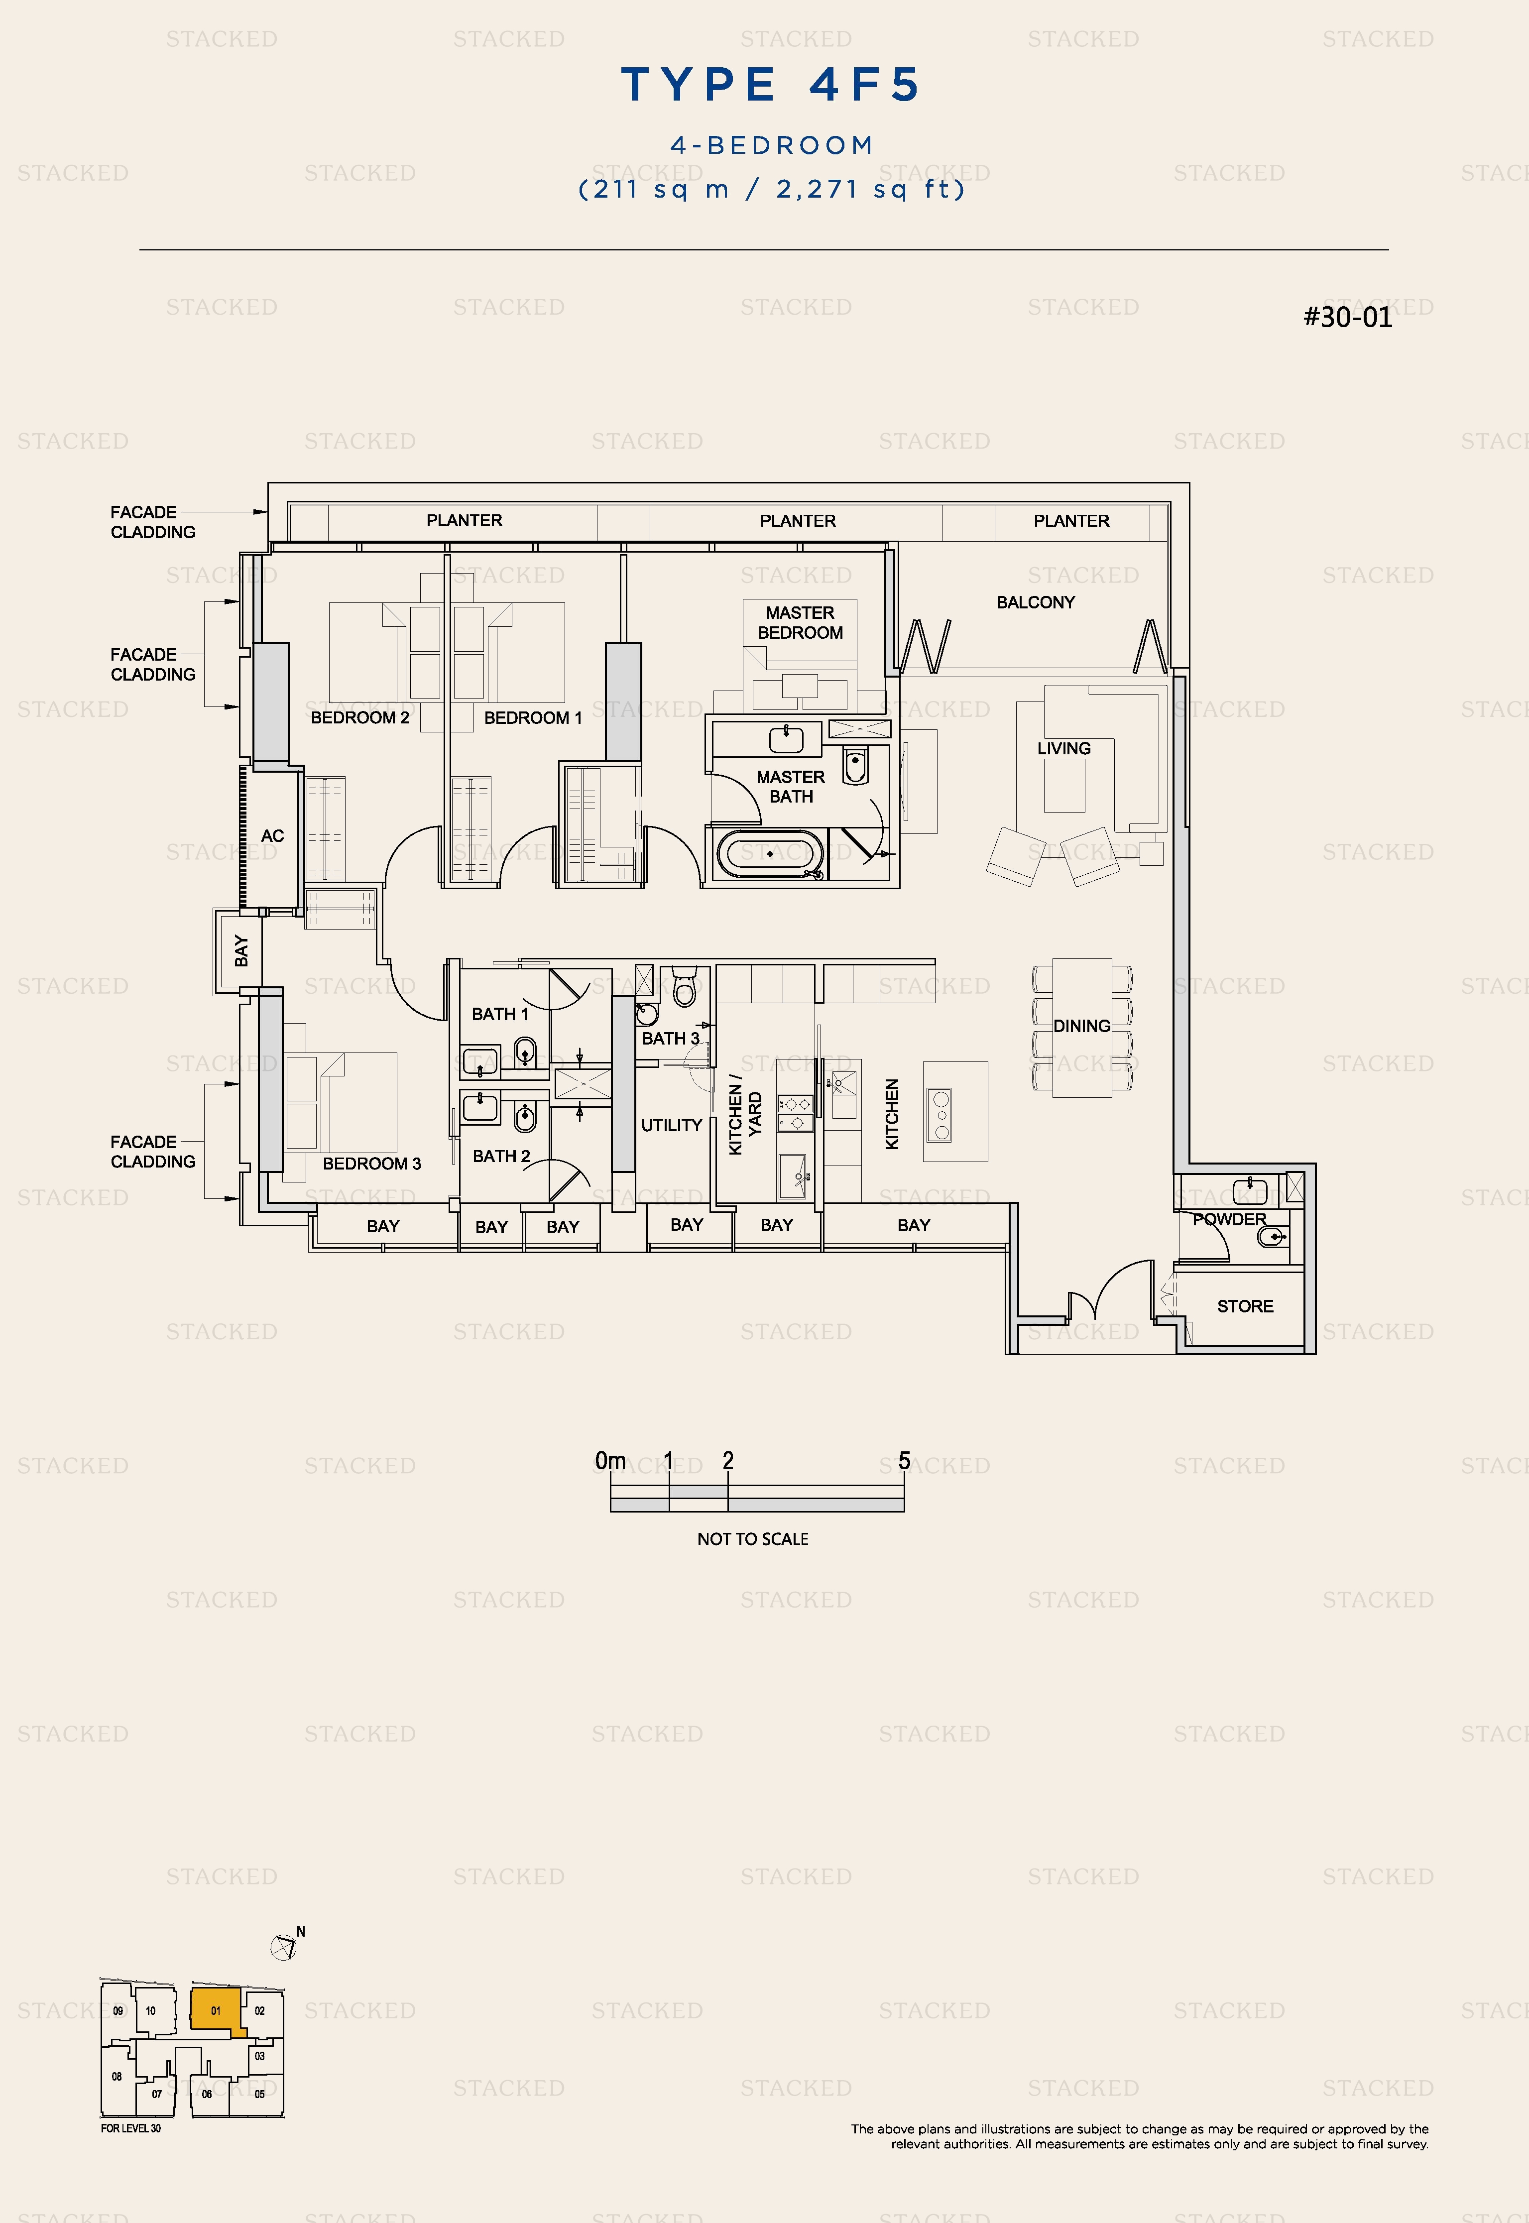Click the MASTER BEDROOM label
coord(800,622)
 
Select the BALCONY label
coord(1036,602)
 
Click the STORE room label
coord(1245,1306)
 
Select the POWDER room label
coord(1229,1219)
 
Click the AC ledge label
coord(272,836)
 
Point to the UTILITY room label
coord(672,1125)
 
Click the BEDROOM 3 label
coord(372,1164)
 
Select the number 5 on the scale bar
coord(904,1461)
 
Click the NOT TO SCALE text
coord(753,1539)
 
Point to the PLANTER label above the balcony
coord(1071,521)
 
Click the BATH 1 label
coord(499,1014)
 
